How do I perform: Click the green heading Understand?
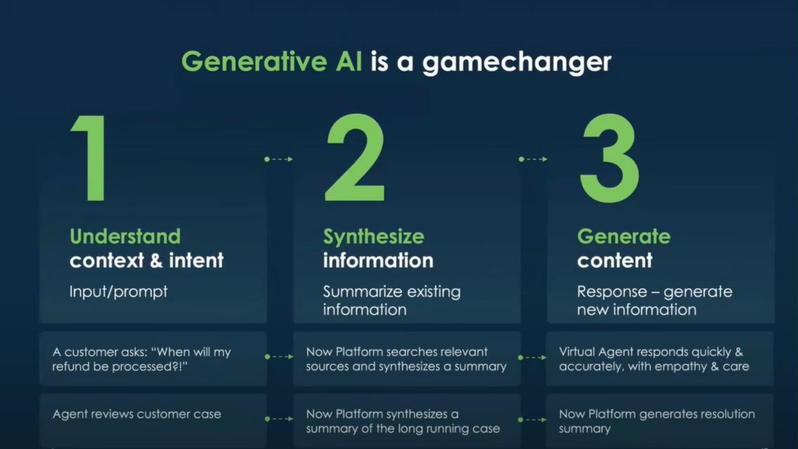coord(125,236)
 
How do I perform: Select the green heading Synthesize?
coord(374,237)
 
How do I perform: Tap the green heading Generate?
coord(624,236)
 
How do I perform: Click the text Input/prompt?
coord(118,292)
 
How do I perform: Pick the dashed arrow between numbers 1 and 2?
coord(279,159)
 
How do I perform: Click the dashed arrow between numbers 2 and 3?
coord(533,159)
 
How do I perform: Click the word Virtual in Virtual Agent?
coord(577,352)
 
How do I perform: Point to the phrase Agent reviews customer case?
coord(137,414)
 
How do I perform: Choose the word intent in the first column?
coord(196,260)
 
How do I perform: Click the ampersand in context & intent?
coord(156,260)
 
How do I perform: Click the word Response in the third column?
coord(612,292)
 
